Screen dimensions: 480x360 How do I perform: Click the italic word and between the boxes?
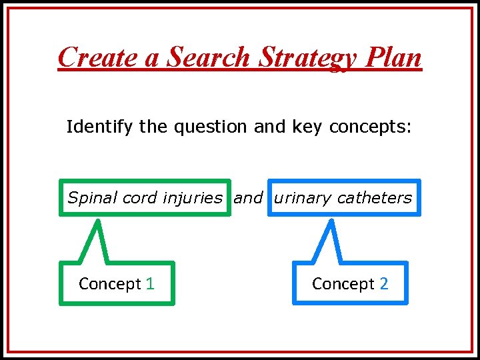tap(248, 197)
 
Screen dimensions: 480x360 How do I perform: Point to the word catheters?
tap(375, 197)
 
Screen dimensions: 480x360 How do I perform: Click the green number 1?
tap(150, 283)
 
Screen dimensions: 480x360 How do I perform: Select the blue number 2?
tap(383, 283)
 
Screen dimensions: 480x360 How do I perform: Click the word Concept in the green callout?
tap(110, 284)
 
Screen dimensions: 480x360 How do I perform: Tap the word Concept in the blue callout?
tap(343, 284)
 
